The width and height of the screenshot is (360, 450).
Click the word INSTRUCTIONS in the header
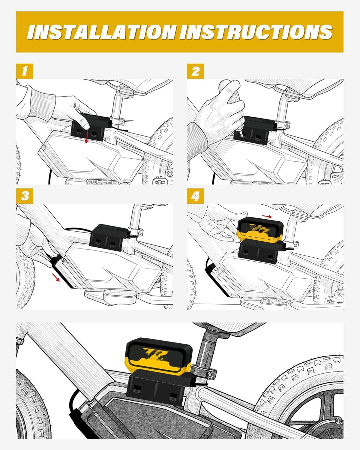click(x=256, y=32)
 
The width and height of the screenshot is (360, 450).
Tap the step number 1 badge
click(x=25, y=71)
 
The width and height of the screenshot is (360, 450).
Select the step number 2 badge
click(x=195, y=71)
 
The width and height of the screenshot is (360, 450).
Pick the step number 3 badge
click(x=25, y=196)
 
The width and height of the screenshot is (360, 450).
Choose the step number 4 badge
click(x=195, y=196)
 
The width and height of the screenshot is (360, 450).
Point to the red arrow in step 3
click(x=56, y=277)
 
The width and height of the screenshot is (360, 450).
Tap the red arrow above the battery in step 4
click(x=267, y=216)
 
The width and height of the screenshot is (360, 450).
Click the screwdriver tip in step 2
click(x=241, y=135)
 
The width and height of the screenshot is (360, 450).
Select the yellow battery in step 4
click(x=260, y=229)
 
